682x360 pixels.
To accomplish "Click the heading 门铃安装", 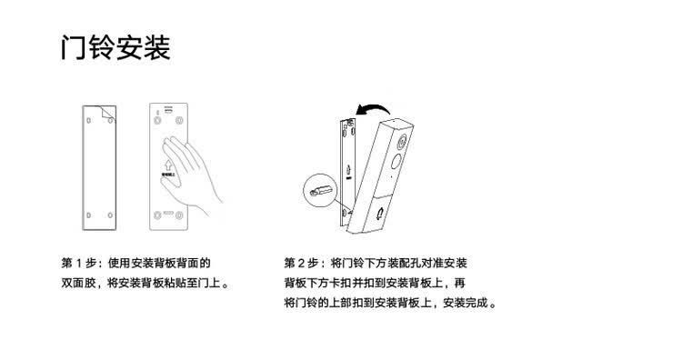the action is click(115, 48).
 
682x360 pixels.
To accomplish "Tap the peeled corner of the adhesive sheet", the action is click(108, 113).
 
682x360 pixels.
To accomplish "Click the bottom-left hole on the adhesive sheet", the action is click(89, 215).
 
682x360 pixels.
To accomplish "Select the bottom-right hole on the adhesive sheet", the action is click(110, 215).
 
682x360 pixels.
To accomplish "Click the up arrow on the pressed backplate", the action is click(169, 165).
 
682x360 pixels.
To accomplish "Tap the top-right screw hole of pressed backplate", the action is click(179, 120).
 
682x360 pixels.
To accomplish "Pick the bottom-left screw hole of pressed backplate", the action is click(157, 215).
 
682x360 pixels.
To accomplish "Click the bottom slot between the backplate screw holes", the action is click(168, 214).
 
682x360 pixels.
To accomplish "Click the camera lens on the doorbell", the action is click(402, 141).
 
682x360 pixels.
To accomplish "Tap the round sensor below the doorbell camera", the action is click(396, 162).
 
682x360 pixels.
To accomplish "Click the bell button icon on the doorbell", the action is click(380, 213).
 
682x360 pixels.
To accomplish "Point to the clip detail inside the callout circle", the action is click(320, 190).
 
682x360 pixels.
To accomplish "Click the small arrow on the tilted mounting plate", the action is click(348, 170).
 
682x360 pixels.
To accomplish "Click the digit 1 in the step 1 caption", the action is click(79, 263).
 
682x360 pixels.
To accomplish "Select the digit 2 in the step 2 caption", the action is click(302, 263).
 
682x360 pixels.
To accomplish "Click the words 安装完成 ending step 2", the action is click(466, 303).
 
